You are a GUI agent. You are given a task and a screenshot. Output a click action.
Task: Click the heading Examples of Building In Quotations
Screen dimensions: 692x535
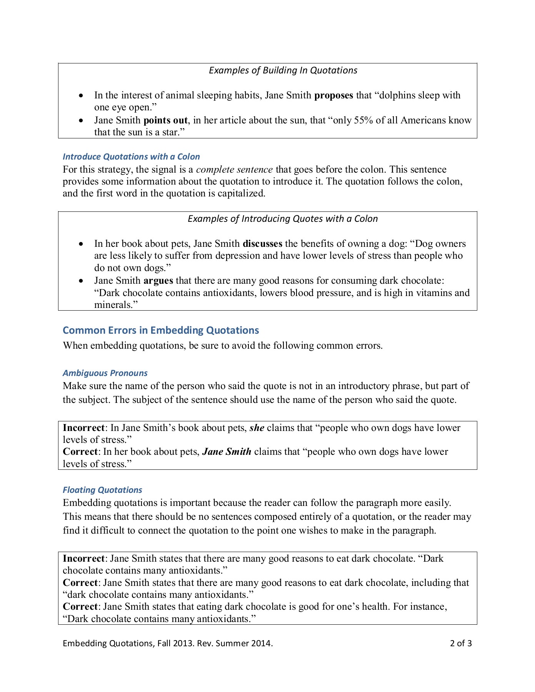(283, 70)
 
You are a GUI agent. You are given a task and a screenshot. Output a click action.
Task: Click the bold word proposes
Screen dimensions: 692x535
(333, 95)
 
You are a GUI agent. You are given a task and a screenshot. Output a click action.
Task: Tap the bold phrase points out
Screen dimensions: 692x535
(165, 120)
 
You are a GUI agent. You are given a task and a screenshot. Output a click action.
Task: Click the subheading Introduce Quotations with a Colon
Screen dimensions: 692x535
(131, 156)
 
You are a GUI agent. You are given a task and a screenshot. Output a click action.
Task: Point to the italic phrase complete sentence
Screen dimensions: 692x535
(234, 170)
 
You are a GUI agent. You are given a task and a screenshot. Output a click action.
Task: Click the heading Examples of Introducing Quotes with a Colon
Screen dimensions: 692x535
(283, 219)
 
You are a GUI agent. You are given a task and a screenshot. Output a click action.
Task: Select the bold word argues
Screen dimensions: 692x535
(158, 281)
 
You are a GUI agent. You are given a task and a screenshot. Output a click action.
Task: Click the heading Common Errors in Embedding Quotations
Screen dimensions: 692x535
(161, 330)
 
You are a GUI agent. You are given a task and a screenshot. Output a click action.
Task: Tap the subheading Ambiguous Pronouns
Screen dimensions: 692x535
(105, 373)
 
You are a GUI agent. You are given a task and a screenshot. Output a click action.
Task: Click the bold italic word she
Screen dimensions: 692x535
(257, 428)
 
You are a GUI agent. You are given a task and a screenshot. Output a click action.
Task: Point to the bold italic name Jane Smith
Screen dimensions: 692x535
(227, 452)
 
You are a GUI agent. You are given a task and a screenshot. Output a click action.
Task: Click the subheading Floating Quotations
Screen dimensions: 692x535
(102, 490)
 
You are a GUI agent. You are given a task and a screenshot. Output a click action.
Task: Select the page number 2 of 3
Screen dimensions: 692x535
(461, 643)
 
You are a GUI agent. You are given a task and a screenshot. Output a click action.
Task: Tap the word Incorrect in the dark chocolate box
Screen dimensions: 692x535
(83, 559)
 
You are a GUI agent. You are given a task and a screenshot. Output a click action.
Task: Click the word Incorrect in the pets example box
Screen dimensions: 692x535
(83, 428)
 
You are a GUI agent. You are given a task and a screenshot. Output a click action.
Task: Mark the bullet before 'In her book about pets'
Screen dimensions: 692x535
(81, 244)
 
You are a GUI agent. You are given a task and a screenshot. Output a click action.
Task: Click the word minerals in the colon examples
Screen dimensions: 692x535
(114, 305)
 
